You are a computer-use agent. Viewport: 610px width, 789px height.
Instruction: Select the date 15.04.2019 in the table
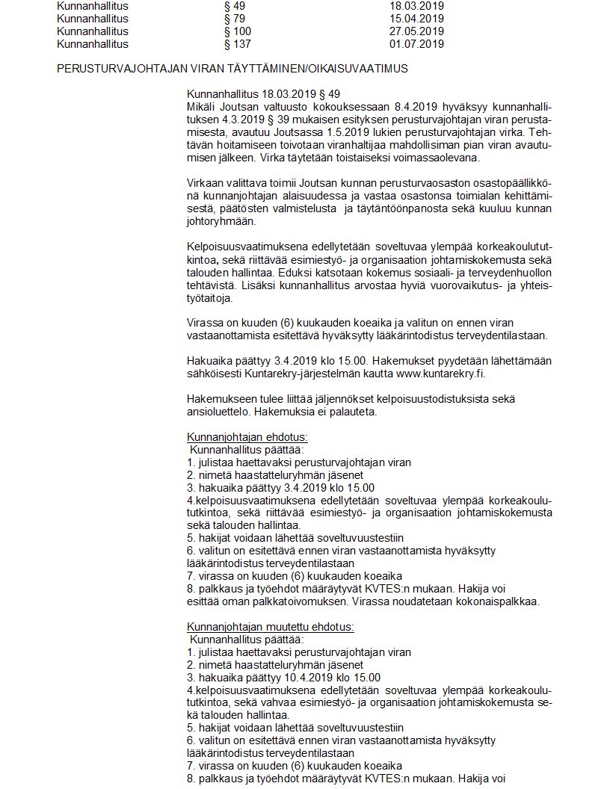pos(411,19)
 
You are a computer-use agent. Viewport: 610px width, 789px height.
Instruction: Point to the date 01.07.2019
pos(411,44)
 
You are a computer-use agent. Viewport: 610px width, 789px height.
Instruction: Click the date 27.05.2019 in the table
pos(411,31)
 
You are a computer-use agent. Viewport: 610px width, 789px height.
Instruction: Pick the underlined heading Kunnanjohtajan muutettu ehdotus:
pos(270,627)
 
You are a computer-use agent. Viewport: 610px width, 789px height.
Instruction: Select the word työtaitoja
pos(210,298)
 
